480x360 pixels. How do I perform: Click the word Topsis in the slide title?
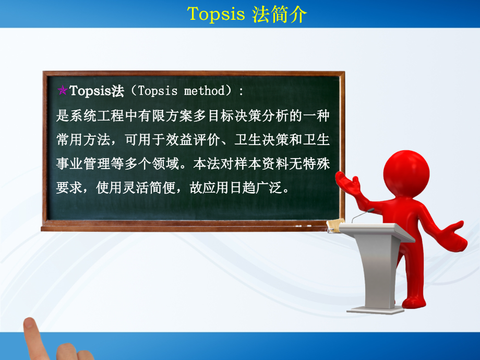coord(215,14)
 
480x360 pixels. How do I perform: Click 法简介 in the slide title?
coord(279,14)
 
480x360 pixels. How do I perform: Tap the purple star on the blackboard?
coord(62,91)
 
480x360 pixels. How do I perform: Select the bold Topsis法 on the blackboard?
coord(97,91)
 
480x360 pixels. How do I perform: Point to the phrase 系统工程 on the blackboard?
coord(95,115)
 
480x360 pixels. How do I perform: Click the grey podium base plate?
coord(375,309)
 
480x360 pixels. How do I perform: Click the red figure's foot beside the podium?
coord(412,302)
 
